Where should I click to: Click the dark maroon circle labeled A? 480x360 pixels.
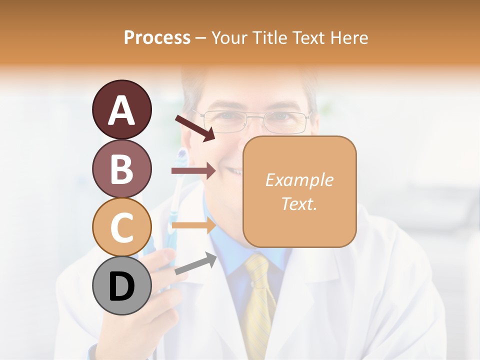[121, 110]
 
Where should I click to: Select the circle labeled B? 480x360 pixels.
[121, 168]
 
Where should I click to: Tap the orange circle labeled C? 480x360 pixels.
[121, 227]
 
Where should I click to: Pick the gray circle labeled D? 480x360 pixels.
[121, 285]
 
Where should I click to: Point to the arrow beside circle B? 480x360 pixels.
[193, 171]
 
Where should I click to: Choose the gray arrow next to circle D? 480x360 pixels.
[195, 264]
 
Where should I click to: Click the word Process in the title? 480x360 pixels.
[157, 37]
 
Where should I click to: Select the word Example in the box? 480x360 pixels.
[299, 180]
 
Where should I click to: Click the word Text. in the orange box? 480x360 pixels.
[299, 203]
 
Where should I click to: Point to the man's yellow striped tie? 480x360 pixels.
[259, 300]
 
